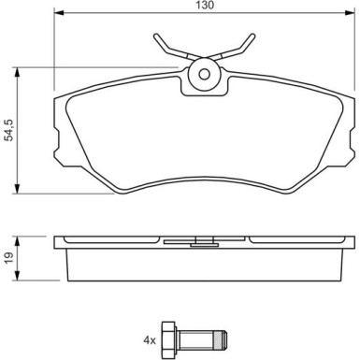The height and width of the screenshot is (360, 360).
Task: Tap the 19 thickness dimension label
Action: [8, 257]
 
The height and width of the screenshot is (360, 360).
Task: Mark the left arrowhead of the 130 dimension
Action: [56, 15]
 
